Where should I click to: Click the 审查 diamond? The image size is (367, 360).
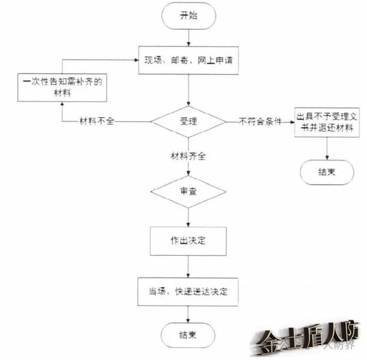coord(188,191)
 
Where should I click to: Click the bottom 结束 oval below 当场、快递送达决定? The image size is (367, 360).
coord(188,335)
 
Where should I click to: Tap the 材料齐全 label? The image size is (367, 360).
coord(189,155)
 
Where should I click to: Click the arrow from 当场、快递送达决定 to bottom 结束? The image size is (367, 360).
coord(188,314)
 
